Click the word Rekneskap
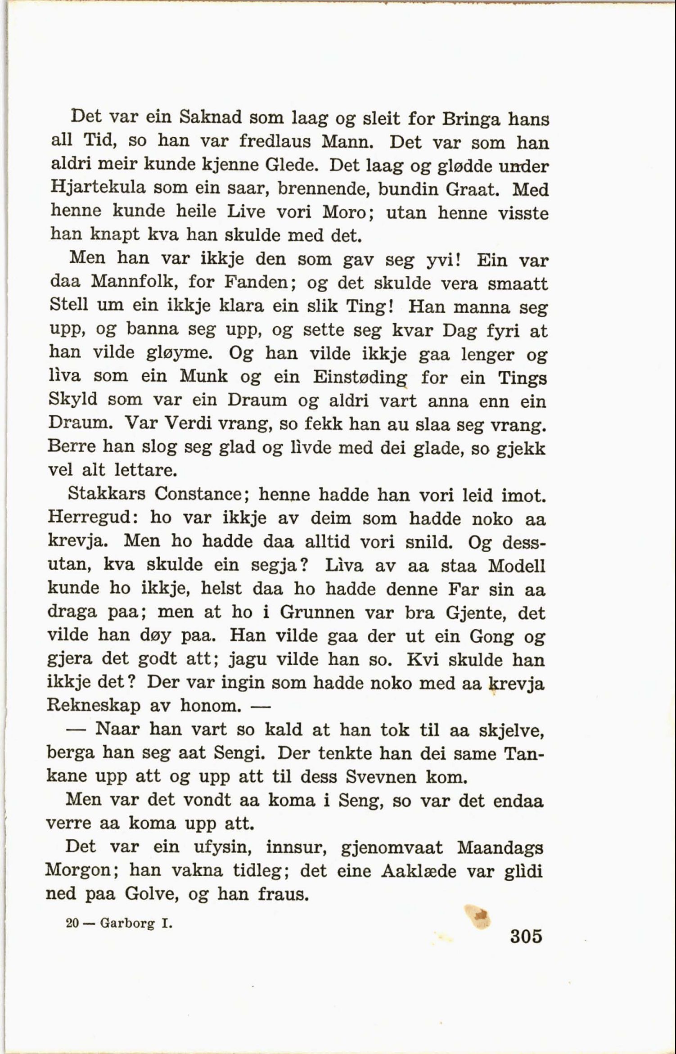[x=94, y=705]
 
